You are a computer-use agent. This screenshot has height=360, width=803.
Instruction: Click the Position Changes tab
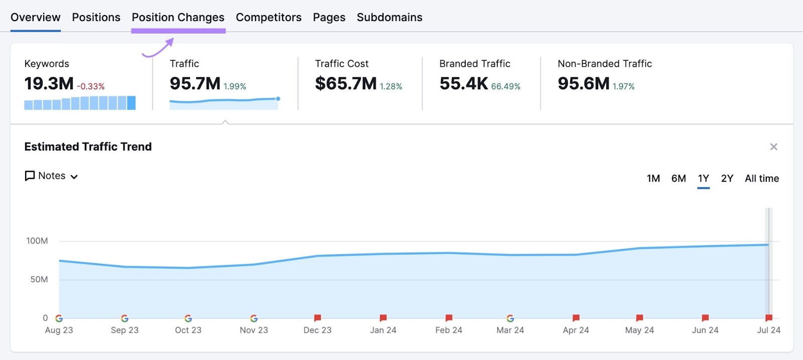coord(178,18)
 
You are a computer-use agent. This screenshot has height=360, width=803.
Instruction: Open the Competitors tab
coord(269,18)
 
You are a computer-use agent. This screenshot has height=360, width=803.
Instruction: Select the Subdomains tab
coord(389,18)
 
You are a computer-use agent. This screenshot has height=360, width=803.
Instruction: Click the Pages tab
coord(329,18)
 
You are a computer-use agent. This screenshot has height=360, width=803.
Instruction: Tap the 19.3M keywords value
coord(49,84)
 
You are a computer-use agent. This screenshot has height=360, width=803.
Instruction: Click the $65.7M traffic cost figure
coord(345,84)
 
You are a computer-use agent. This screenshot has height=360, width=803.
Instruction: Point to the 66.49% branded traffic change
coord(505,86)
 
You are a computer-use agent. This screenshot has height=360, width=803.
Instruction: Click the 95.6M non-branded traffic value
coord(583,84)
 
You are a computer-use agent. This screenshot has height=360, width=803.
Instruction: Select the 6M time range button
coord(678,179)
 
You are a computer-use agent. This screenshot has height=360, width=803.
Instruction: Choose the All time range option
coord(761,179)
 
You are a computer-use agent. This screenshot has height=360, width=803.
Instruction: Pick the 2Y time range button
coord(727,179)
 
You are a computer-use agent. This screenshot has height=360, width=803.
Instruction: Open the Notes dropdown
coord(51,176)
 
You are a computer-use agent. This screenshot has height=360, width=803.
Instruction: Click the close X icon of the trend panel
coord(773,147)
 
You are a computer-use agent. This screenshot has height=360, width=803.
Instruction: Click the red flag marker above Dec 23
coord(317,318)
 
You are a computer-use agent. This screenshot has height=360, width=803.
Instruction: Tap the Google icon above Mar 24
coord(510,318)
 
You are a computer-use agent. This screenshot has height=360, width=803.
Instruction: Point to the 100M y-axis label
coord(37,241)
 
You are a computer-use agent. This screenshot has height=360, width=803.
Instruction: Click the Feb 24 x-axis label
coord(448,330)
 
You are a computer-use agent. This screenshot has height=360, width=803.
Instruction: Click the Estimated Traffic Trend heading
coord(88,147)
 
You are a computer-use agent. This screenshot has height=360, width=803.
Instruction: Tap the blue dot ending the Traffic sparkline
coord(278,98)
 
